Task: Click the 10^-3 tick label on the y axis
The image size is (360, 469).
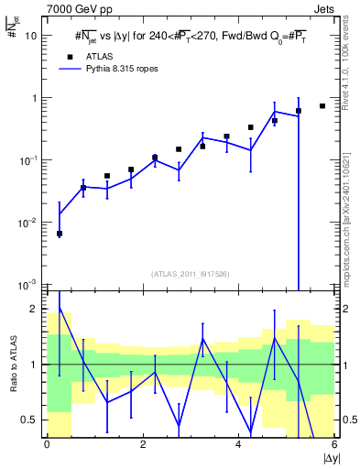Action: [27, 284]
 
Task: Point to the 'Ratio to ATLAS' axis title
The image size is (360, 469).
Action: [10, 365]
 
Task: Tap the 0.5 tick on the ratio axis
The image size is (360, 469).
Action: [30, 420]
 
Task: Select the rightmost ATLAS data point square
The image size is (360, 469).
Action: [322, 106]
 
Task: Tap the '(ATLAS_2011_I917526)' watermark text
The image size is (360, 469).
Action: [190, 274]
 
